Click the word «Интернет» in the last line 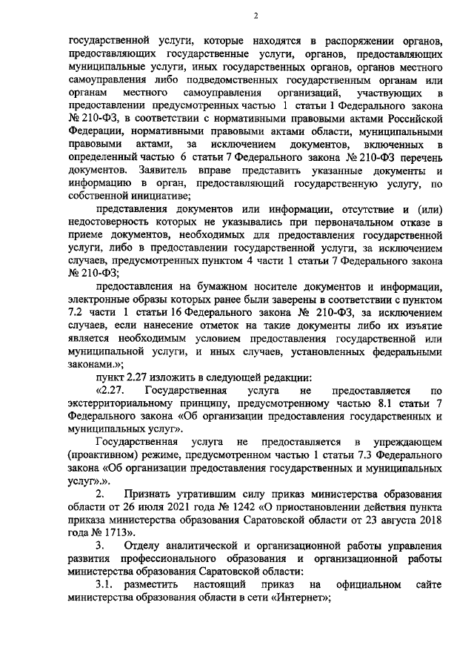tap(300, 600)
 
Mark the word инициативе tap(163, 196)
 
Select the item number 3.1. tap(96, 586)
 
